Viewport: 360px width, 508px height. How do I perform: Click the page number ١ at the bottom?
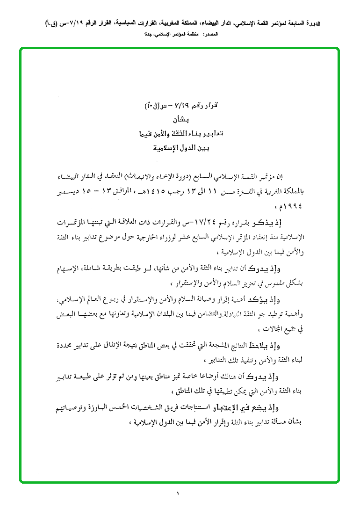pos(179,493)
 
